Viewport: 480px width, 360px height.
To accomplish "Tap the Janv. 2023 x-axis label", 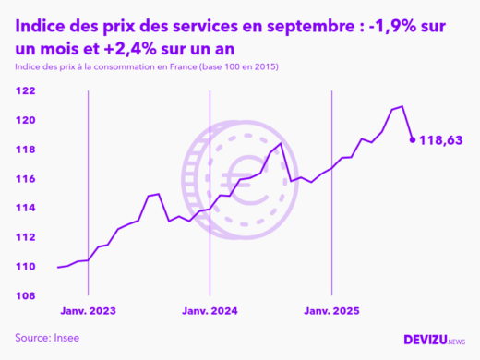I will click(89, 311).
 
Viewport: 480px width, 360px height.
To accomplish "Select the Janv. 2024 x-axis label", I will click(210, 311).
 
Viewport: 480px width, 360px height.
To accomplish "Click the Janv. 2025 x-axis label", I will click(332, 311).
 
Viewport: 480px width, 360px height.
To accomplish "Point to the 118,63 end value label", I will click(440, 140).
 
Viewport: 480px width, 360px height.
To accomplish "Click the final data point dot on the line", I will click(413, 140).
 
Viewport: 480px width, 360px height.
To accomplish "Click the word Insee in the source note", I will click(66, 337).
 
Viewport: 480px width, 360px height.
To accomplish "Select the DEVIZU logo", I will click(434, 339).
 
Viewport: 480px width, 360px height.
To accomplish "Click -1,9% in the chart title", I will click(400, 28).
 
